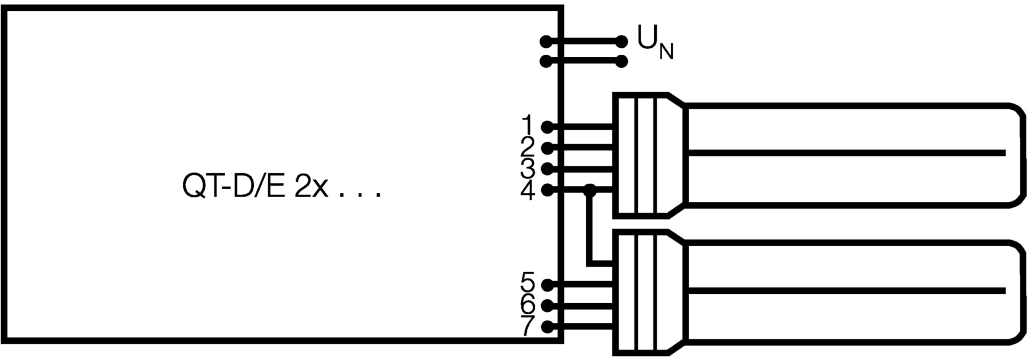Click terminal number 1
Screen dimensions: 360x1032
528,125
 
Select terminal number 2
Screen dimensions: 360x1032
528,147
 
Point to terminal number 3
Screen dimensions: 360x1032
528,168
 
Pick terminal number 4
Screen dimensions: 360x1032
528,190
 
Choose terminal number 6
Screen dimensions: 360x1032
528,305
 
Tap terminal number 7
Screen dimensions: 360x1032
528,326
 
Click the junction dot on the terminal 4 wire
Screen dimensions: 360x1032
590,189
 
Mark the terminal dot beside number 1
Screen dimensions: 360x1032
547,127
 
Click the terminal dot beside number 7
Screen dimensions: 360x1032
547,327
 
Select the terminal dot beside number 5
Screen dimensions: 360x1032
547,284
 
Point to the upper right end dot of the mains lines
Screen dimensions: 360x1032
621,41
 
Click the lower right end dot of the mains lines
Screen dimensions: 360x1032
621,62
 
